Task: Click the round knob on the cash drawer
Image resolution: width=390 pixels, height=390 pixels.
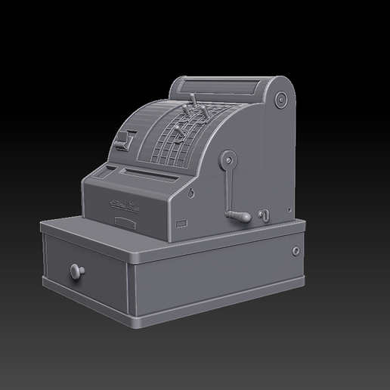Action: (x=76, y=270)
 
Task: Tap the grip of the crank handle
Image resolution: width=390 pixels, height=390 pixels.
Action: (x=241, y=218)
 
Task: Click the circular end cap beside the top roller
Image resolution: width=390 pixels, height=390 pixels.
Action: (x=282, y=98)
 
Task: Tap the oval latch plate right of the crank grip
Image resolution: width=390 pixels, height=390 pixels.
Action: (x=265, y=215)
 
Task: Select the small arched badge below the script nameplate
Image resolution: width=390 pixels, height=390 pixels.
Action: (x=123, y=220)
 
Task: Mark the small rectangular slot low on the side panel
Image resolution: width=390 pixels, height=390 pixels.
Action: (x=181, y=223)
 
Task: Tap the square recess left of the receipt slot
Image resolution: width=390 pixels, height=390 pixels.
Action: (x=110, y=168)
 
